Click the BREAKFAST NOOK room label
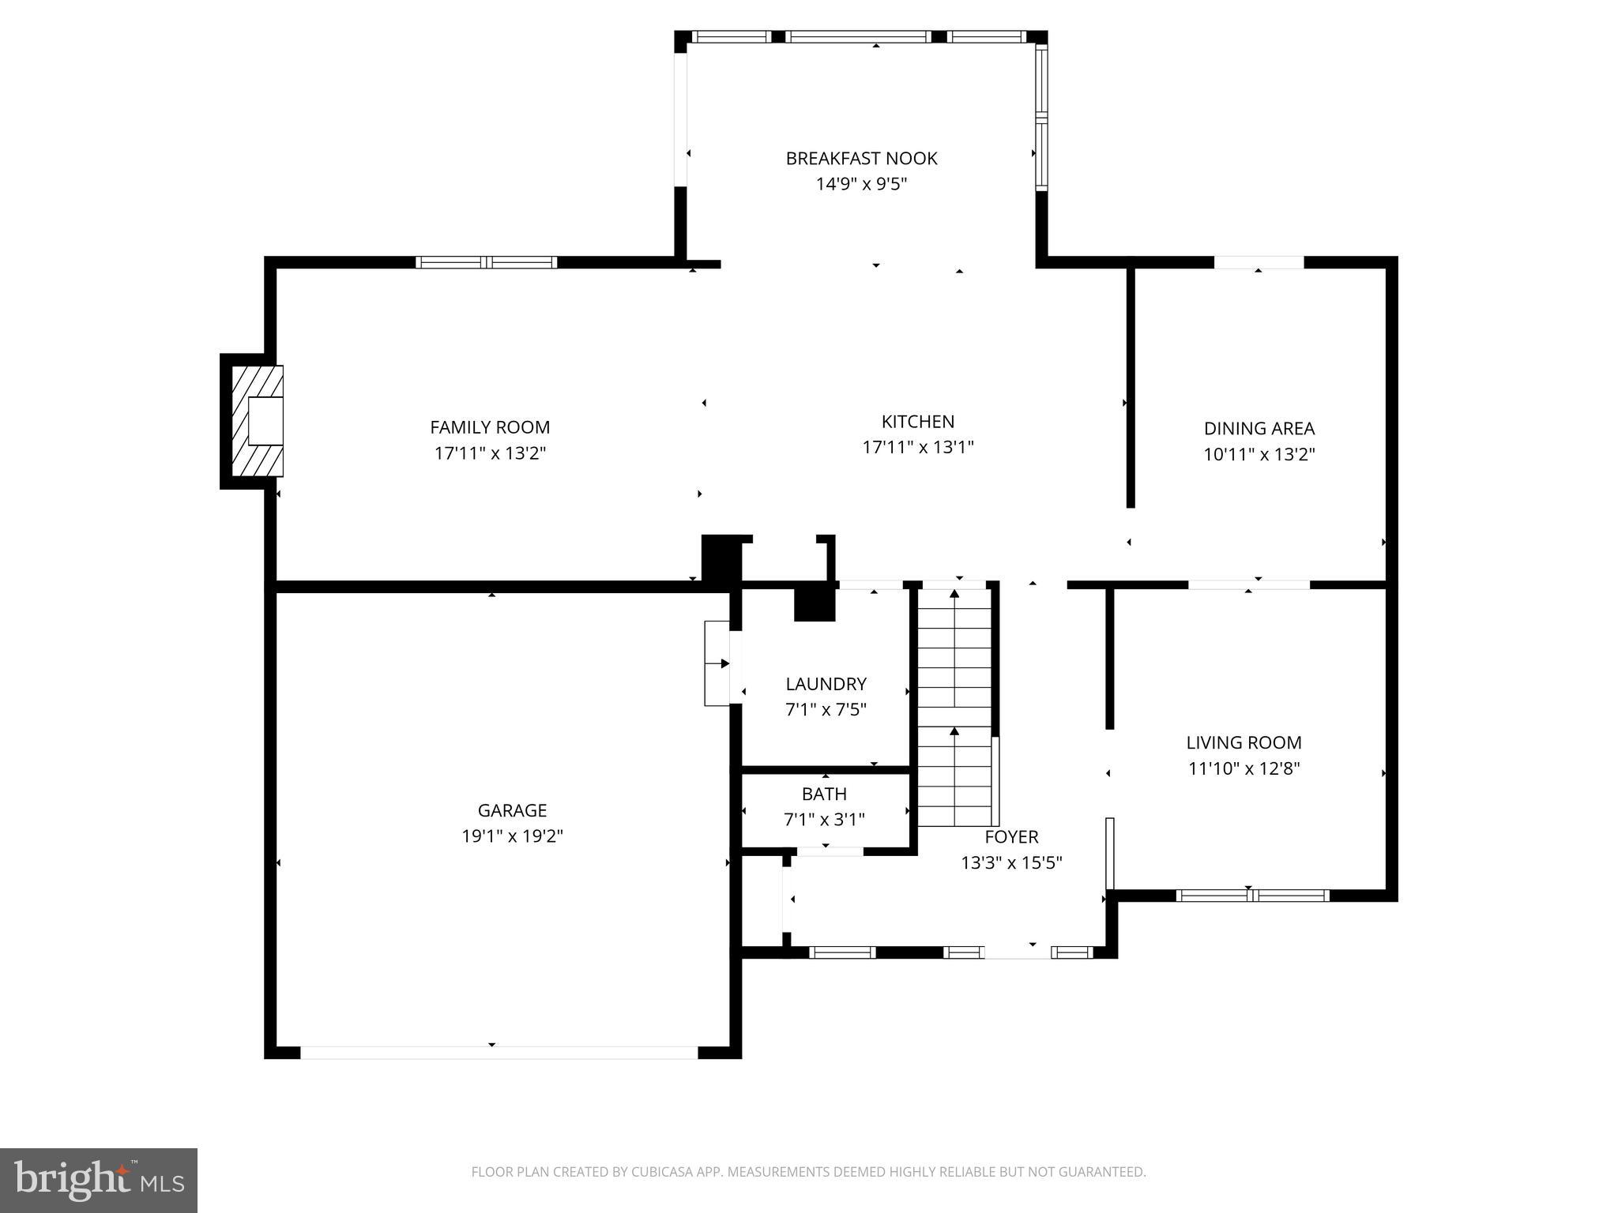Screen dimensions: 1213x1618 click(x=860, y=158)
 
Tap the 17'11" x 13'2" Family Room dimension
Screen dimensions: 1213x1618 click(x=490, y=453)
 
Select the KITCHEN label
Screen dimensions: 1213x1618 click(x=917, y=422)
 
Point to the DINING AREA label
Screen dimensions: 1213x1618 click(x=1259, y=429)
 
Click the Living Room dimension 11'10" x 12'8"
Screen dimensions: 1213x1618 click(x=1244, y=768)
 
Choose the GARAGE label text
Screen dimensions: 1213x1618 click(x=512, y=810)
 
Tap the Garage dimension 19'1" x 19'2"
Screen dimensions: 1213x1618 click(x=512, y=836)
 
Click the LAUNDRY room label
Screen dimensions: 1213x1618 click(x=826, y=684)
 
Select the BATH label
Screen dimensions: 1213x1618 click(x=824, y=794)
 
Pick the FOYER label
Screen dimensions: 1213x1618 click(x=1011, y=836)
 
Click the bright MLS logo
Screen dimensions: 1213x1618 click(x=99, y=1180)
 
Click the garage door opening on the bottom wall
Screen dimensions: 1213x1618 click(x=499, y=1052)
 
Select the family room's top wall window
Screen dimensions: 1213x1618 click(x=487, y=262)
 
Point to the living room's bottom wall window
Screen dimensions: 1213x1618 click(x=1252, y=895)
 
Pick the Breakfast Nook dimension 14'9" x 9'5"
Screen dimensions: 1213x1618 click(x=860, y=184)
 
